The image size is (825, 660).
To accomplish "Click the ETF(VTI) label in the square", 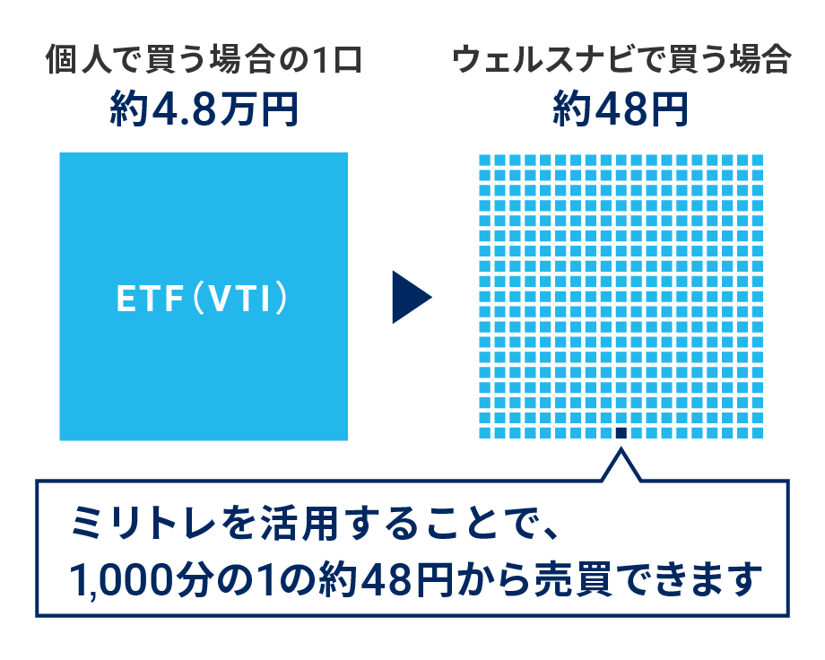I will [203, 298].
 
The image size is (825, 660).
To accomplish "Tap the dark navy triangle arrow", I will [410, 297].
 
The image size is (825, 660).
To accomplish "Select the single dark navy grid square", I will [621, 432].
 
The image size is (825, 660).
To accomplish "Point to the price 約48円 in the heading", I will [620, 110].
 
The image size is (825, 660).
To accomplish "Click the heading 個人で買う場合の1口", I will [203, 63].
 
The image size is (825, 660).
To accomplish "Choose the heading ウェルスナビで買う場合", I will [621, 63].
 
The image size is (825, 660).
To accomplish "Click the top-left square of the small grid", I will [485, 161].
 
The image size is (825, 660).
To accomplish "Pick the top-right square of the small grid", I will [756, 161].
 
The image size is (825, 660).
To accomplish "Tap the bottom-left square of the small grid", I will [485, 432].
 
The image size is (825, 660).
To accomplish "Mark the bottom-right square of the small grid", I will [756, 432].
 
